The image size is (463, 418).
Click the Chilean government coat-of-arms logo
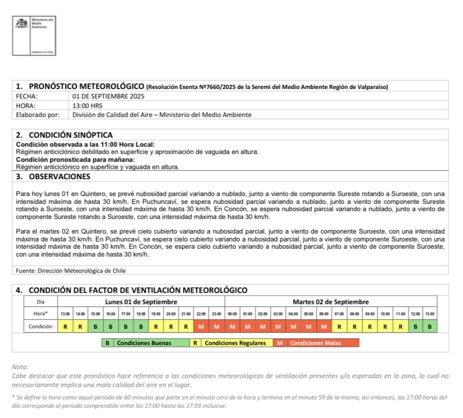[x=21, y=25]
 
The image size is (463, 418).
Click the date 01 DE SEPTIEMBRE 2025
[x=107, y=96]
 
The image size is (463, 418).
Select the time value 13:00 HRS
[x=88, y=105]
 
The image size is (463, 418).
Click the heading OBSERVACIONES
[x=59, y=177]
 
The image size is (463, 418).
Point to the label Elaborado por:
[x=36, y=115]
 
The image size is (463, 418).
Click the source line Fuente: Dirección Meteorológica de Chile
[x=70, y=271]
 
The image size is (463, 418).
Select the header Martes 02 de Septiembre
[x=330, y=302]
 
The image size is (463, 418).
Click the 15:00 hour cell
[x=96, y=314]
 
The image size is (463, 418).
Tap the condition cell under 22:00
[x=202, y=326]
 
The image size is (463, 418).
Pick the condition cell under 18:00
[x=141, y=326]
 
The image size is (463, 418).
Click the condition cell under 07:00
[x=339, y=326]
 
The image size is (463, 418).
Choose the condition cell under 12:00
[x=415, y=326]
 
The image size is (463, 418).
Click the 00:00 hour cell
[x=233, y=314]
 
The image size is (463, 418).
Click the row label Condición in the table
[x=40, y=326]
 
